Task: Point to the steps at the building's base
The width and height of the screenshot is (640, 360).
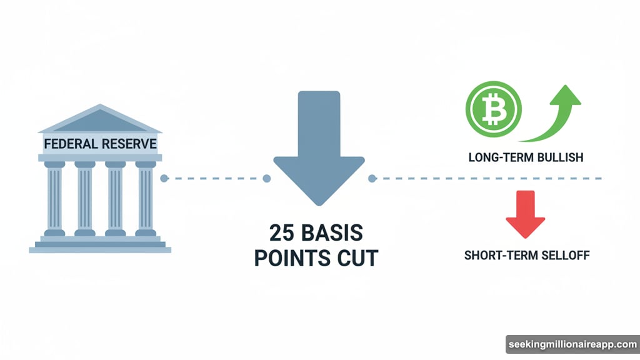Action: (100, 245)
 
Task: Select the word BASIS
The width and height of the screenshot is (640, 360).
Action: (334, 232)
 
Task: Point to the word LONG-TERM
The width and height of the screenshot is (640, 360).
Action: (498, 157)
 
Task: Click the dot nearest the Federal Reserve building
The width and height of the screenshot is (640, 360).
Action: (164, 179)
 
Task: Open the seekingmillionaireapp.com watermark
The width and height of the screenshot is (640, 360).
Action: (571, 345)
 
